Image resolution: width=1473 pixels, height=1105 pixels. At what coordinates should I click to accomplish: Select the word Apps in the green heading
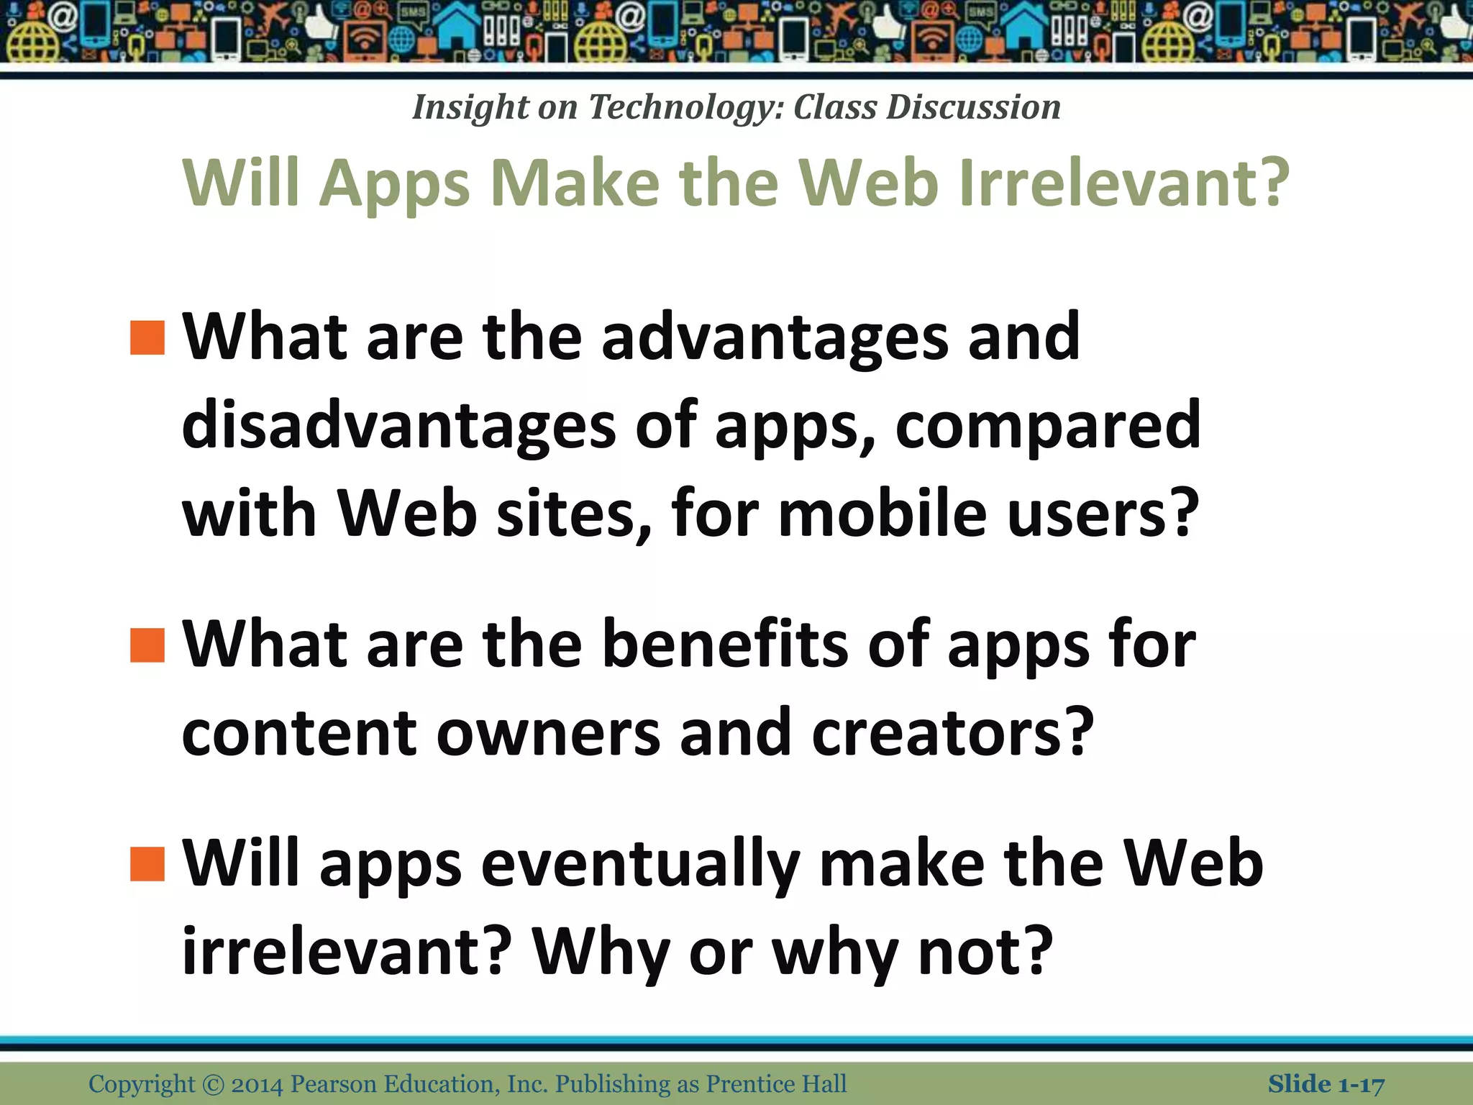(x=394, y=184)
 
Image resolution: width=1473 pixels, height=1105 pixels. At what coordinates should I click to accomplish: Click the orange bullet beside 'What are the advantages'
(x=147, y=337)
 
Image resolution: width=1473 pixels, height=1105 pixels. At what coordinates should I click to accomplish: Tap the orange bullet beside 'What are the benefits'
(x=147, y=645)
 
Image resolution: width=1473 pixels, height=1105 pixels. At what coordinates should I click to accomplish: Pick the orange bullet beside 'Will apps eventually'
(x=147, y=863)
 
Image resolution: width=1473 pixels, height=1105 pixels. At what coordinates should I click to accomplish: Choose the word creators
(x=952, y=733)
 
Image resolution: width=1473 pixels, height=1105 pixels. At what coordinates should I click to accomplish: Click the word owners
(x=548, y=733)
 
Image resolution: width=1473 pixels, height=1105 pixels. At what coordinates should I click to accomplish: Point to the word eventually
(x=640, y=865)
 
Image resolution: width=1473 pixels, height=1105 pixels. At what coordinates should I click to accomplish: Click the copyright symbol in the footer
(x=213, y=1084)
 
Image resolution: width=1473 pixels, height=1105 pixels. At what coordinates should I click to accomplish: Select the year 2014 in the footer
(x=257, y=1084)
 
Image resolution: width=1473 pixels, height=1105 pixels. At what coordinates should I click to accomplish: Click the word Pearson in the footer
(x=334, y=1084)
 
